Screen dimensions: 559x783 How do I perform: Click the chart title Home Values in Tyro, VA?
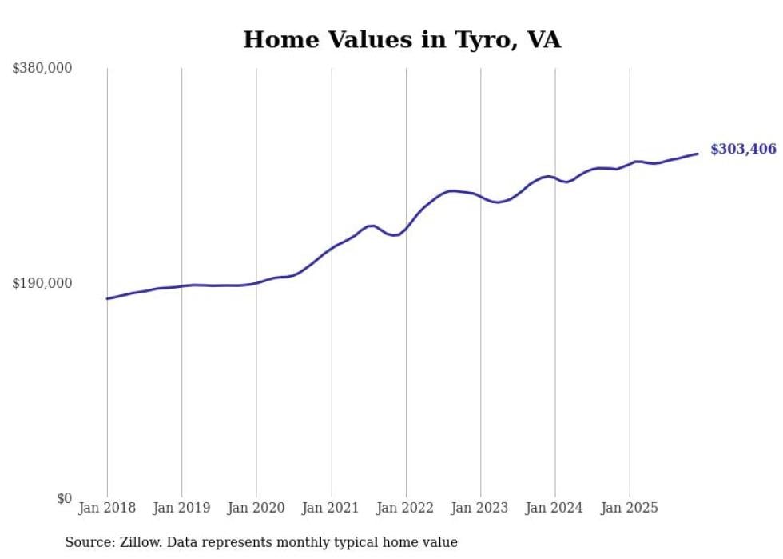(402, 39)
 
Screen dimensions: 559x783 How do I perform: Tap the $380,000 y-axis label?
(42, 69)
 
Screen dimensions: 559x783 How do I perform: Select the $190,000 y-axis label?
(42, 283)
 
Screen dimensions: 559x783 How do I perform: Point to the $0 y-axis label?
(64, 498)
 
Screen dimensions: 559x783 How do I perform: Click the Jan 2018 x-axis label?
(107, 508)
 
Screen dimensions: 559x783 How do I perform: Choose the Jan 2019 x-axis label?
(181, 508)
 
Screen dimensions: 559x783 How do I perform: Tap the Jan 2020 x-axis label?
(256, 508)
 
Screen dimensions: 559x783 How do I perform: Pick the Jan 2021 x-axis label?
(331, 508)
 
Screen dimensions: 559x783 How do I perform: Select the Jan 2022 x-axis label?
(406, 508)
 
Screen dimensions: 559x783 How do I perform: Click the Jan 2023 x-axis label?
(480, 508)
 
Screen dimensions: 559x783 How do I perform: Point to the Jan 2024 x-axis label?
(555, 508)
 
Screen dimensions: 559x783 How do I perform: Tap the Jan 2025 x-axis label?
(630, 508)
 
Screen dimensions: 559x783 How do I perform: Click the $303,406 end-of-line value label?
(743, 150)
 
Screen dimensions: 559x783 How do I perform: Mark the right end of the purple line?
(698, 154)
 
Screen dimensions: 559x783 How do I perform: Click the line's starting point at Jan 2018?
(107, 298)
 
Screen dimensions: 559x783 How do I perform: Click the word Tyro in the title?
(475, 39)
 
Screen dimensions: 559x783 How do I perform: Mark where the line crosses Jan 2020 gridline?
(256, 282)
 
